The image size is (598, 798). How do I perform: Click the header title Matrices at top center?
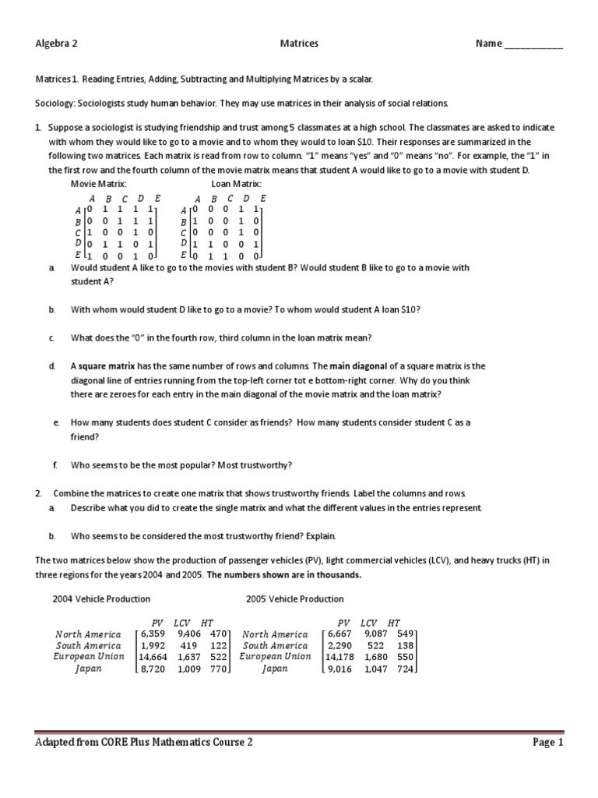click(x=299, y=44)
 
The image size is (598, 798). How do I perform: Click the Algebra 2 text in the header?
click(x=57, y=44)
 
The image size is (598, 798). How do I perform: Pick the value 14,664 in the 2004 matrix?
click(x=151, y=657)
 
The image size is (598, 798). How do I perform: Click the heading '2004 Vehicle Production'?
click(x=101, y=599)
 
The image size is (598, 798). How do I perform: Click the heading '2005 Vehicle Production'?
click(x=294, y=599)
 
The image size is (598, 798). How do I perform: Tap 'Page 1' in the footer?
click(x=547, y=743)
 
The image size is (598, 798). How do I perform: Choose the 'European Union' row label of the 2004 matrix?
click(x=88, y=657)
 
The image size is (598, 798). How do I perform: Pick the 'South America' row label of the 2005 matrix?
click(x=275, y=645)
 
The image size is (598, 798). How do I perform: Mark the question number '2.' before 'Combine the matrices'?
click(x=39, y=494)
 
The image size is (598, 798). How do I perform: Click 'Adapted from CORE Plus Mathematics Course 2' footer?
click(x=144, y=743)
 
